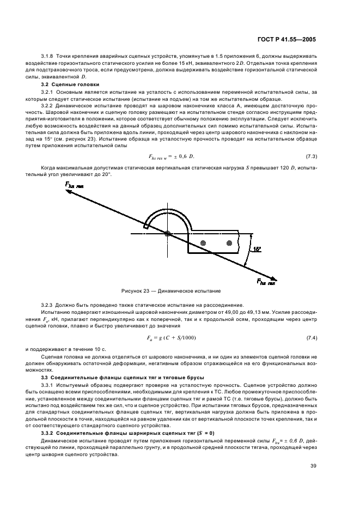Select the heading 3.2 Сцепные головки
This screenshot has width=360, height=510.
pos(63,84)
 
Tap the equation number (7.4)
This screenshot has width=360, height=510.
pos(312,339)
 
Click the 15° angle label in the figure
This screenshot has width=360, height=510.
pos(257,249)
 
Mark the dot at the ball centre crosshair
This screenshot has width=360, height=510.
pos(168,234)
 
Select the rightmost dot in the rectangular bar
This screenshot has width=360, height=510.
pos(230,242)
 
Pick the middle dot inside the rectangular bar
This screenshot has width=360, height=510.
pos(203,242)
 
